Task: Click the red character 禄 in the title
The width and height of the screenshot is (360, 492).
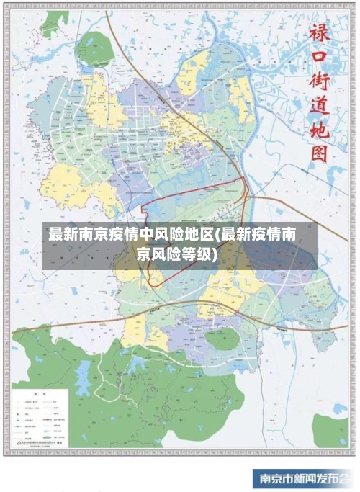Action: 319,32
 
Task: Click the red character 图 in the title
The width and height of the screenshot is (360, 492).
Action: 319,153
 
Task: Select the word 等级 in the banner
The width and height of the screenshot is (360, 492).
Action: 194,255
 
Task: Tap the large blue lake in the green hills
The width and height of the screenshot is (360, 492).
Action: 86,372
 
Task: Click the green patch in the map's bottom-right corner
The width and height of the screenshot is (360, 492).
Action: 330,432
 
